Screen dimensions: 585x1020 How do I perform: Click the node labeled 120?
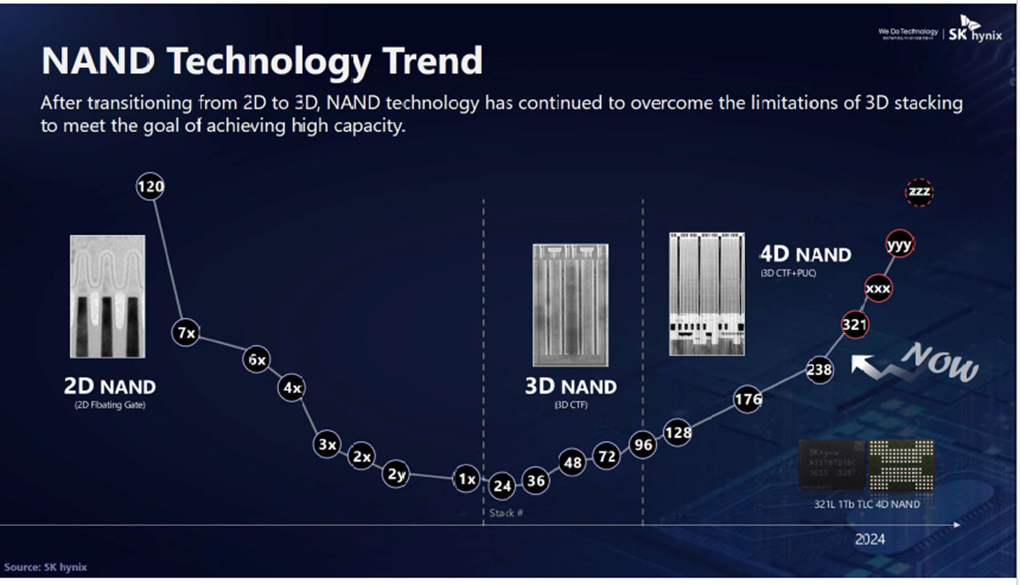click(x=150, y=187)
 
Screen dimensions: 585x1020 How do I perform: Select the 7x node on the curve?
click(x=185, y=333)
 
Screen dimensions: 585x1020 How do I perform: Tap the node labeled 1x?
click(x=466, y=480)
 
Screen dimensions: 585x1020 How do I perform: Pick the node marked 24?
click(x=502, y=486)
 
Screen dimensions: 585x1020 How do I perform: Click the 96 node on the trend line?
click(x=643, y=444)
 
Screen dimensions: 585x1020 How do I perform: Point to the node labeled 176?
click(x=748, y=399)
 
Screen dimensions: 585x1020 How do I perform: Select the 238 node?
click(x=819, y=370)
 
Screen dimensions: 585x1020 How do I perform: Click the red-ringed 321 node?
click(x=854, y=324)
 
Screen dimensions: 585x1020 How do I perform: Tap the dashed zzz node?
click(x=919, y=193)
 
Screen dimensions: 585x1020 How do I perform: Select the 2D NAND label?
click(x=110, y=387)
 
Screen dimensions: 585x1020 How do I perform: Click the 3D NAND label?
click(x=570, y=387)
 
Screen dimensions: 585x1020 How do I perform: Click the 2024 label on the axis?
click(x=870, y=539)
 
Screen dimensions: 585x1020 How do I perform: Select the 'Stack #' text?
click(x=506, y=514)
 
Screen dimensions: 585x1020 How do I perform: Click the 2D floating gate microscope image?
click(x=107, y=296)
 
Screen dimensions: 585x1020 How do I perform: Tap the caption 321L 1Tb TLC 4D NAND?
click(x=866, y=504)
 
